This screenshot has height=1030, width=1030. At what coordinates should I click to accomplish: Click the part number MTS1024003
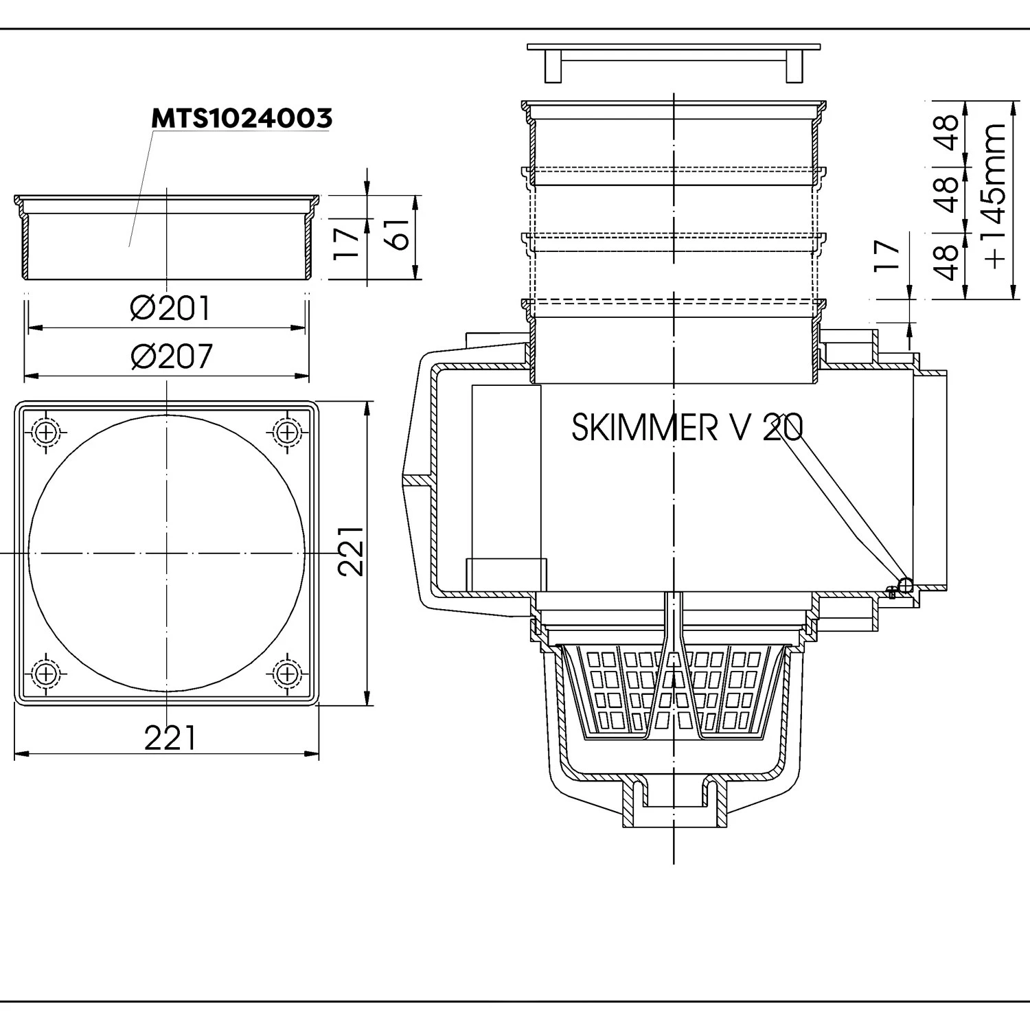tap(242, 118)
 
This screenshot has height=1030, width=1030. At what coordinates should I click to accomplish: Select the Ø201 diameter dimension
tap(170, 309)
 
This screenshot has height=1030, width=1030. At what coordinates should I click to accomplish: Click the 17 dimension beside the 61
tap(347, 242)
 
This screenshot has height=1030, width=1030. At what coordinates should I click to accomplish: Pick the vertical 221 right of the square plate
tap(351, 552)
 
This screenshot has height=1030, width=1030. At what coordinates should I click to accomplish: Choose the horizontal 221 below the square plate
tap(170, 739)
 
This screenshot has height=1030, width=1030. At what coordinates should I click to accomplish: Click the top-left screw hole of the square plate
tap(46, 433)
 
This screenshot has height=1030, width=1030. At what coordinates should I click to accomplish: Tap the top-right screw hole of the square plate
tap(287, 433)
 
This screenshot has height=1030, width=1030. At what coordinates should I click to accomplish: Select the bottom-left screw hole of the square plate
tap(46, 674)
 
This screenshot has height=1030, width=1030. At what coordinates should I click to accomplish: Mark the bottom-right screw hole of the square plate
tap(287, 674)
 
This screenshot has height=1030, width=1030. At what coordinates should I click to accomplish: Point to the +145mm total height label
tap(996, 196)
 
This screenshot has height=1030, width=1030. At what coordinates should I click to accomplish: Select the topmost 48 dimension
tap(948, 133)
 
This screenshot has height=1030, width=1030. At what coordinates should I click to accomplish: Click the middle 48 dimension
tap(948, 194)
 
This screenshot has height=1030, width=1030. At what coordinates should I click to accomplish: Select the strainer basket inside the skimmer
tap(674, 690)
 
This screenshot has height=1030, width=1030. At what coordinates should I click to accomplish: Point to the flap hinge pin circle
tap(904, 585)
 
